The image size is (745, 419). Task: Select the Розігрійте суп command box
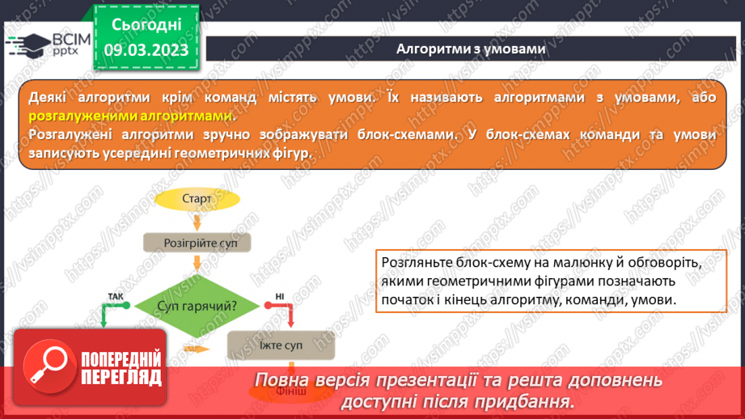pos(197,242)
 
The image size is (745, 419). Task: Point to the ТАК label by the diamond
pos(115,297)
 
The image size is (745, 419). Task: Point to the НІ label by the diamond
pos(279,297)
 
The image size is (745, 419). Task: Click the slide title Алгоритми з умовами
pos(470,49)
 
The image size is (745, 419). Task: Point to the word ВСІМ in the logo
pos(68,40)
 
